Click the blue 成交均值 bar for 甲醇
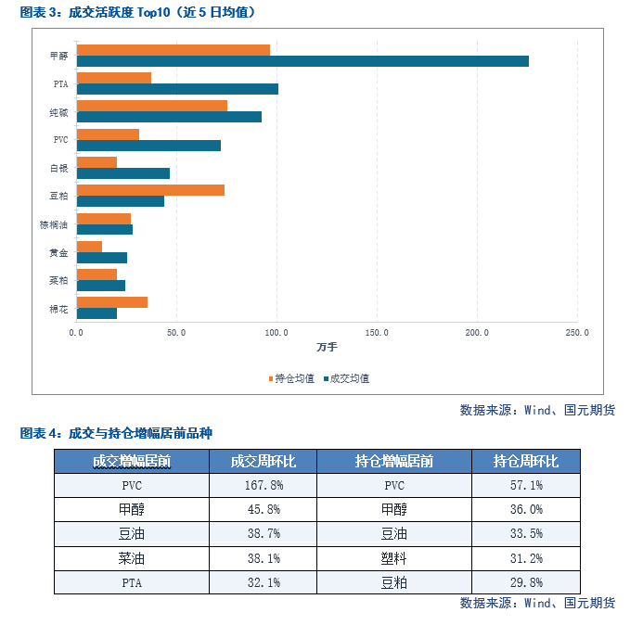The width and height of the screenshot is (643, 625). [x=302, y=61]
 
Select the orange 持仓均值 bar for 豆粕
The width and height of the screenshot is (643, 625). [x=150, y=190]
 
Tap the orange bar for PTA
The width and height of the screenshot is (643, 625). [x=114, y=78]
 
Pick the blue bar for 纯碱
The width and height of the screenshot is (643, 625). [x=169, y=117]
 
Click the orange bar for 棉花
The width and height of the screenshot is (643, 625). [x=112, y=302]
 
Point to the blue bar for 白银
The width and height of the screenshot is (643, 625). [x=123, y=173]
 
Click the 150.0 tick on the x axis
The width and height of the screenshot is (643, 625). [x=377, y=333]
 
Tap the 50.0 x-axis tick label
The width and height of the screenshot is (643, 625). [x=176, y=333]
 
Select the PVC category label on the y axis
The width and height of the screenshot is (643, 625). [x=60, y=140]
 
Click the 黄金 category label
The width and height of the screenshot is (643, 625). [x=58, y=253]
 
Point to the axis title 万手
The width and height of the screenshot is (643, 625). [x=327, y=347]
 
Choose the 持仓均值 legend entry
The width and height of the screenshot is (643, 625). [x=291, y=378]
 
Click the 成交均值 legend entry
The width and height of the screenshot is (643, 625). [x=347, y=378]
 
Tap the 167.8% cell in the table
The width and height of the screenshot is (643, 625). [x=264, y=486]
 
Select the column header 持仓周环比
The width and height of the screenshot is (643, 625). [x=526, y=462]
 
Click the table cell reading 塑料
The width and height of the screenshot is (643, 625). [x=393, y=558]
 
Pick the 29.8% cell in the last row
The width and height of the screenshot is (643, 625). [x=526, y=582]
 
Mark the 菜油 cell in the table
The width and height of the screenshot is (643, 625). [x=132, y=558]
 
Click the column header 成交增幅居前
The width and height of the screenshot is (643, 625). [x=132, y=462]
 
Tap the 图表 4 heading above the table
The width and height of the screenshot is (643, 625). [x=116, y=433]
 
